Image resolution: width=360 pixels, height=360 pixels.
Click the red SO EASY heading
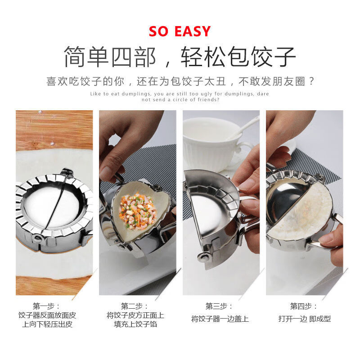click(x=180, y=31)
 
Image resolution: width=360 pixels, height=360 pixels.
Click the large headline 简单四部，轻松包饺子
click(x=180, y=57)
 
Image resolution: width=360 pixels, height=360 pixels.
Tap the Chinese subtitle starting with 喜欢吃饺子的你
click(x=180, y=81)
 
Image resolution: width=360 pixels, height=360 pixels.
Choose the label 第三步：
click(x=220, y=306)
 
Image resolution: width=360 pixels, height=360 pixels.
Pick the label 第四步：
click(x=304, y=306)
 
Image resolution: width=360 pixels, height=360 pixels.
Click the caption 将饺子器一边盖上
click(x=220, y=319)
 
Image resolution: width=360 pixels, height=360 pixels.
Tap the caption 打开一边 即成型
click(x=304, y=319)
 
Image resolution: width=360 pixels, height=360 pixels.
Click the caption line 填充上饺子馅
click(x=135, y=324)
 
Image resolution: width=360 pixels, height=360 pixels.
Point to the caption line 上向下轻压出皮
click(x=47, y=324)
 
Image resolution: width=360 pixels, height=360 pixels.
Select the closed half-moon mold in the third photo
click(x=211, y=207)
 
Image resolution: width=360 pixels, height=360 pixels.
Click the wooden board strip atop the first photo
click(x=54, y=128)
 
